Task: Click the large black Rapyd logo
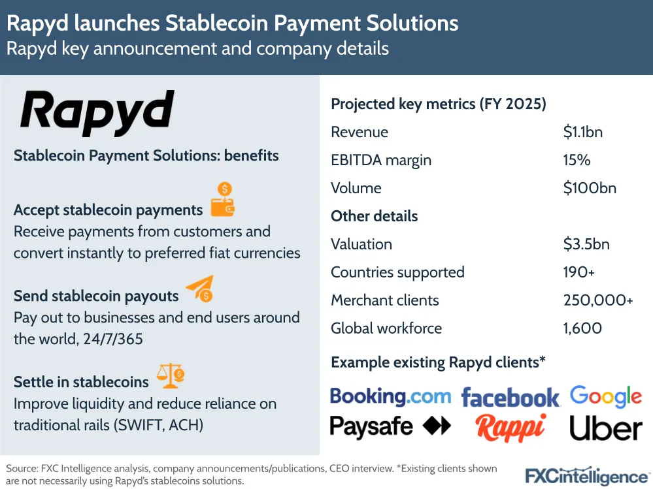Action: click(97, 112)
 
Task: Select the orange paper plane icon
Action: click(200, 288)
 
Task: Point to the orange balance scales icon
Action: click(171, 376)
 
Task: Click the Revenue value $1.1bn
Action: click(582, 132)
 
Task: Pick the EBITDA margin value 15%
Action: click(577, 160)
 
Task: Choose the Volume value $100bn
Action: click(590, 188)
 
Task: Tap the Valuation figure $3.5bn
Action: click(586, 244)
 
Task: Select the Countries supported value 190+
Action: click(579, 272)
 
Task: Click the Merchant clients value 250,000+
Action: click(598, 300)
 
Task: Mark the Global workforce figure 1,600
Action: click(582, 328)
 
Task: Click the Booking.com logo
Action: click(390, 396)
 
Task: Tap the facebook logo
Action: click(511, 397)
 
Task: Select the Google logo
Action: click(606, 396)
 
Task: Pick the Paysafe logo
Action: click(390, 426)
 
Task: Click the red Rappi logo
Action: click(511, 428)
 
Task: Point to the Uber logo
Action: click(606, 428)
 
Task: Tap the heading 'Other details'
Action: click(374, 216)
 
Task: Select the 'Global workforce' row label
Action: click(386, 328)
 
